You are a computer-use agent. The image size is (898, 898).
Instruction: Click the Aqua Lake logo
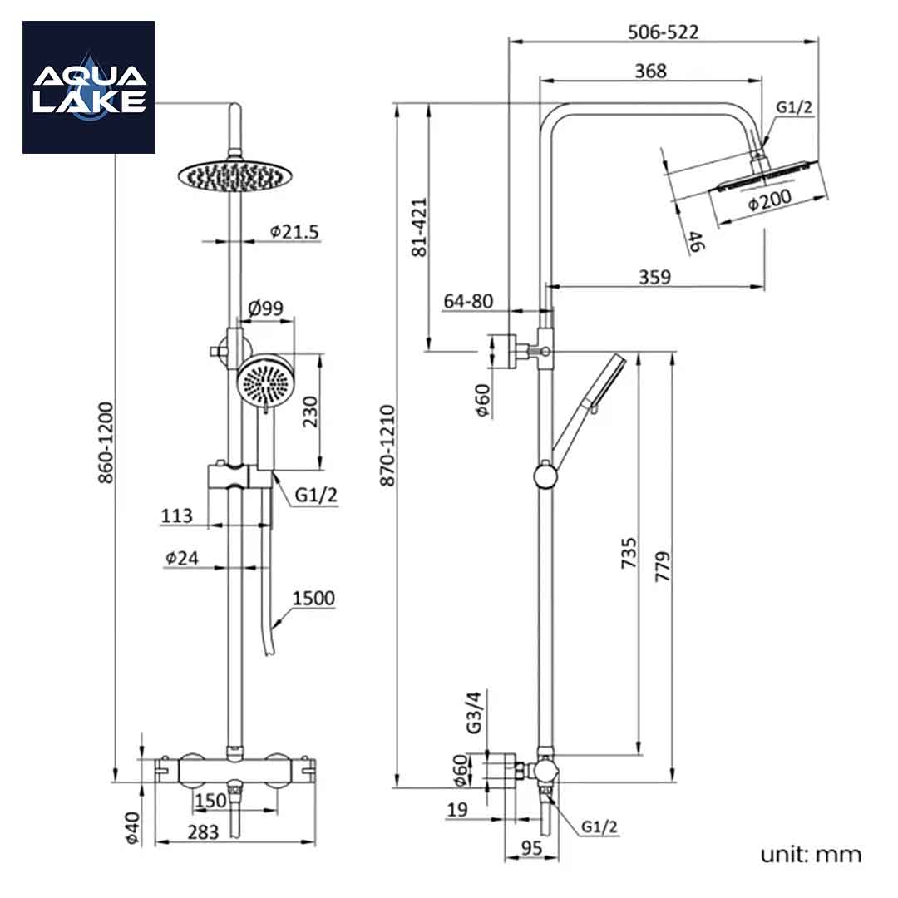coord(89,87)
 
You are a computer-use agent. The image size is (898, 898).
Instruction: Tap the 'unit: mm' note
coord(811,854)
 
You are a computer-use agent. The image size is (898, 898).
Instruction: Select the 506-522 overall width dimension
coord(663,32)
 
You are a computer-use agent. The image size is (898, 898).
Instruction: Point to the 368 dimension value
coord(650,71)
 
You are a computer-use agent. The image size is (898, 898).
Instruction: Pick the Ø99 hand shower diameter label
coord(266,308)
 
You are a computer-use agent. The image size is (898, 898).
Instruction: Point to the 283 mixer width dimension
coord(202,831)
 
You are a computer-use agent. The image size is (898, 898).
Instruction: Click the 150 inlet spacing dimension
coord(210,800)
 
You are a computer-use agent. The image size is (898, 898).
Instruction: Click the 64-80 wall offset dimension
coord(468,301)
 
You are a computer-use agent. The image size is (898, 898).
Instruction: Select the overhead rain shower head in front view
coord(234,175)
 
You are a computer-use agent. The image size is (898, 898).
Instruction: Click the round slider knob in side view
coord(545,476)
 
